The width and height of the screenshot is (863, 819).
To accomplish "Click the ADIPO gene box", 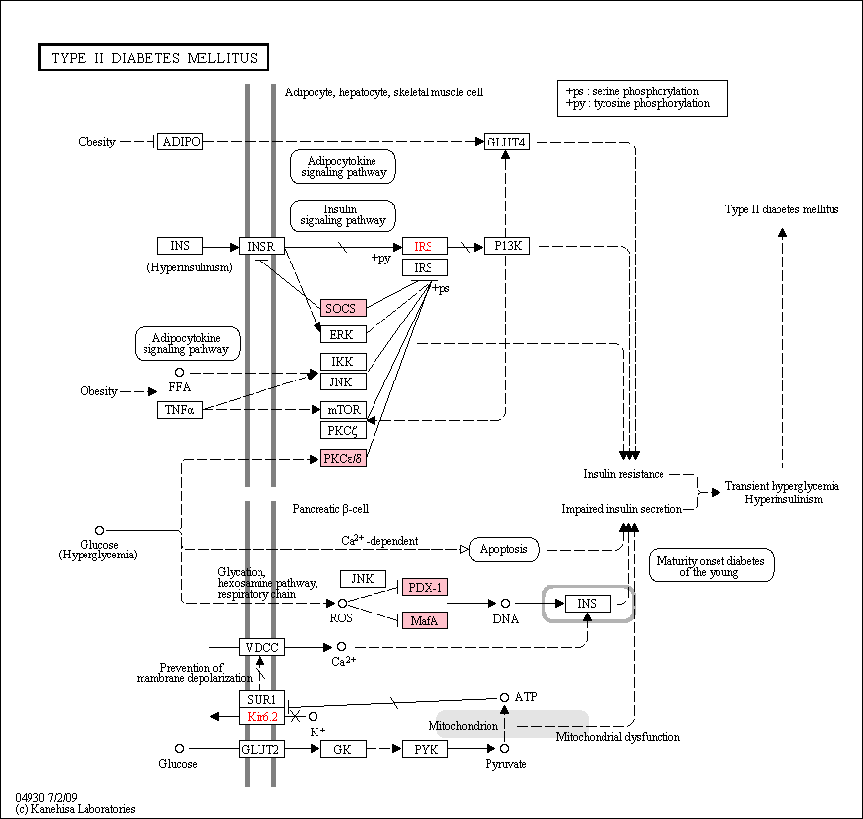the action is pos(180,142).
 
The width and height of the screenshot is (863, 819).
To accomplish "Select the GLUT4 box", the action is pos(506,142).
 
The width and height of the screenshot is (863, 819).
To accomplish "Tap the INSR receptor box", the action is pos(261,246).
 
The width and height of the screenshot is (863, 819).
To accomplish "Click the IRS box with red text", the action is pos(425,246).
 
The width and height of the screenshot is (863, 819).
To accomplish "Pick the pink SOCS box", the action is pos(343,308).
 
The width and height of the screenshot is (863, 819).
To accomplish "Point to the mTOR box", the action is pos(343,409).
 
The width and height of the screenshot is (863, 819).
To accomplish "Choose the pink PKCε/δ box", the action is pos(343,458).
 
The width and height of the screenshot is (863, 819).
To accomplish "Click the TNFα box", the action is pos(180,409).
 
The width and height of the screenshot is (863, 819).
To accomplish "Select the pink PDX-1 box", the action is pos(425,587).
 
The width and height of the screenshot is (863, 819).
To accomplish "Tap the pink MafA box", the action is pos(425,620).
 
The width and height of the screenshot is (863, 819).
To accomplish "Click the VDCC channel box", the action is pos(261,647).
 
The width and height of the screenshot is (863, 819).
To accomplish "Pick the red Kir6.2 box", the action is pos(261,716).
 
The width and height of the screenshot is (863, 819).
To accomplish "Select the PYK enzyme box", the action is pos(425,749).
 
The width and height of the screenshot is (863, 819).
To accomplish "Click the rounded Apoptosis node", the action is pos(503,550).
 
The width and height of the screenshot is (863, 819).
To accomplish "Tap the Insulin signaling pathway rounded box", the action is pos(342,215).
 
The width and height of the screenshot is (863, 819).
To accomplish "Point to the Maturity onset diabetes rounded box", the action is pos(711,564).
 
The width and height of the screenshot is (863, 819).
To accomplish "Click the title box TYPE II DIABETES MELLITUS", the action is pos(153,57).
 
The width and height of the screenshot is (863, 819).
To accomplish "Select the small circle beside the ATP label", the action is pos(504,697).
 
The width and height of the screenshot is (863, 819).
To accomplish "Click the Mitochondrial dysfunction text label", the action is pos(617,737).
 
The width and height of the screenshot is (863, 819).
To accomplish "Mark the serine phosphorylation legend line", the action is pos(632,91).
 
